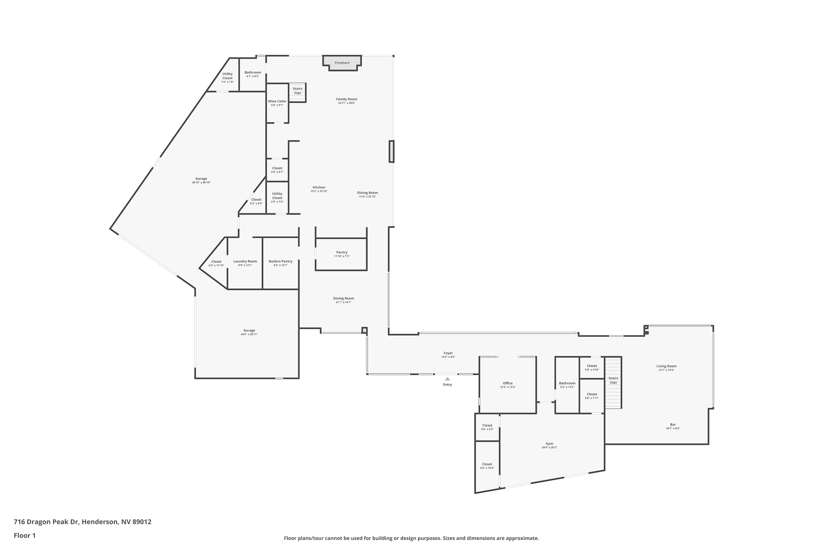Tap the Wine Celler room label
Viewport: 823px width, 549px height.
[x=277, y=101]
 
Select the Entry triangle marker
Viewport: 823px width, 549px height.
[x=447, y=379]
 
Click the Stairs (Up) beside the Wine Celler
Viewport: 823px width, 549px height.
[x=297, y=91]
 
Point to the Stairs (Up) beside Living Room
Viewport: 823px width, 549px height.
[x=613, y=380]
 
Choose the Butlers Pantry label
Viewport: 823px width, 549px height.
[x=280, y=261]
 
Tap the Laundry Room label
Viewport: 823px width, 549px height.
[x=245, y=261]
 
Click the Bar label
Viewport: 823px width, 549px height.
[x=673, y=424]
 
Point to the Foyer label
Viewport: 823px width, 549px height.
[x=448, y=353]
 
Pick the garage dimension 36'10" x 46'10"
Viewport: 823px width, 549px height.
[x=201, y=183]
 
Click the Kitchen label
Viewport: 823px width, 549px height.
[x=319, y=187]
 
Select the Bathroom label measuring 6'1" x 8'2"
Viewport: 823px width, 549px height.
[x=253, y=72]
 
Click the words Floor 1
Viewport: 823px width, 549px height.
[x=24, y=535]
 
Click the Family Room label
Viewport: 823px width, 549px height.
[x=346, y=99]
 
